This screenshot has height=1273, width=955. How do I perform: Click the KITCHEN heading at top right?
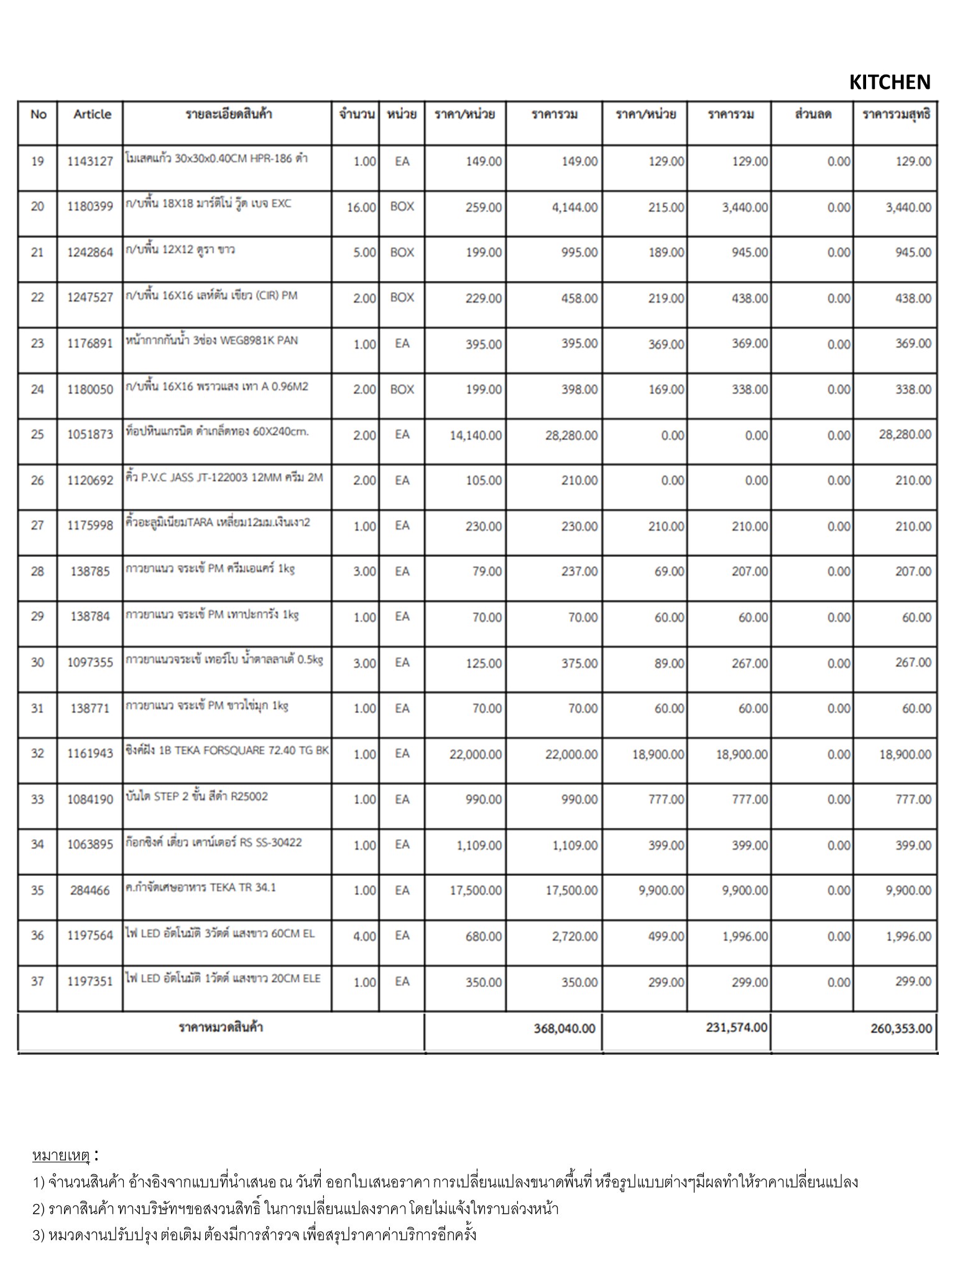click(x=889, y=82)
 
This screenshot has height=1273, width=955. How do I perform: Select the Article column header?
click(x=91, y=114)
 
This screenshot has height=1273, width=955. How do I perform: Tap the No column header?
click(x=38, y=114)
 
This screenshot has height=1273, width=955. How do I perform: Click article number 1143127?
click(x=90, y=162)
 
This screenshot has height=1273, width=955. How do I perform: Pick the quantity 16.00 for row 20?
click(x=361, y=208)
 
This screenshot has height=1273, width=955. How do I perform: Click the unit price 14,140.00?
click(x=476, y=436)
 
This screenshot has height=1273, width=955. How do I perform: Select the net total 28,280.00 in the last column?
click(x=905, y=434)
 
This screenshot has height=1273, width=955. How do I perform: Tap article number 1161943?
click(x=90, y=753)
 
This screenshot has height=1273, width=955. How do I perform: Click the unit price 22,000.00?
click(x=476, y=755)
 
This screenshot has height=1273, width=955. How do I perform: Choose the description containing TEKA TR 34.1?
click(x=200, y=888)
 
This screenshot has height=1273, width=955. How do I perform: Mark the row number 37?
click(x=37, y=981)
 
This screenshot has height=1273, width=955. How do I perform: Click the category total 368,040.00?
click(x=564, y=1029)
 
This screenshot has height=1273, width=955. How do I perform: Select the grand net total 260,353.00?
click(x=901, y=1029)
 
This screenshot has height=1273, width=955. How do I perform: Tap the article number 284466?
click(x=90, y=891)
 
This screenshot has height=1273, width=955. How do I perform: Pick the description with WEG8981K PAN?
click(x=211, y=341)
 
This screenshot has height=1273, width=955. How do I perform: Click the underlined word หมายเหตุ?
click(x=61, y=1156)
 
